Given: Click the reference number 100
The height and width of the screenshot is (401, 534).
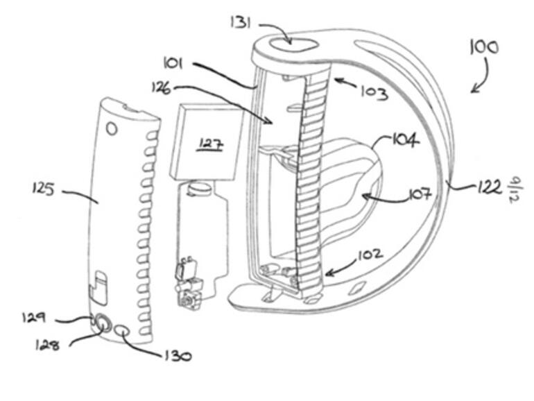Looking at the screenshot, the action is click(484, 48).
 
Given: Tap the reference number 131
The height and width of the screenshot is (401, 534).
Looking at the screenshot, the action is click(240, 23).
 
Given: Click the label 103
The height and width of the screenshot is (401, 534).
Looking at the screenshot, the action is click(374, 93).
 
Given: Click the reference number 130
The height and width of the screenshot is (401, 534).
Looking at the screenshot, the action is click(176, 356).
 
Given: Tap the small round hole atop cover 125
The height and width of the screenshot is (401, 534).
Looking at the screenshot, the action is click(112, 129).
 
